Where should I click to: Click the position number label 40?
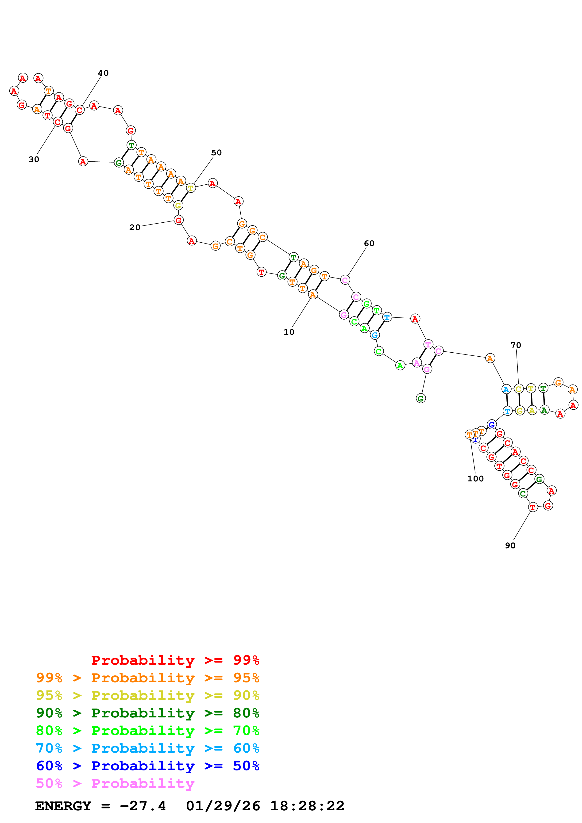[x=103, y=73]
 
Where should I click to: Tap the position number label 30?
[x=34, y=160]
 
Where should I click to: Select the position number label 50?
[x=216, y=153]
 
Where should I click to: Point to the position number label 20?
[x=135, y=228]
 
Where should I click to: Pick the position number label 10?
[x=289, y=332]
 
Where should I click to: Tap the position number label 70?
[x=516, y=345]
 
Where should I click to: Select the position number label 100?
[x=475, y=479]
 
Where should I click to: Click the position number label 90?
[x=510, y=545]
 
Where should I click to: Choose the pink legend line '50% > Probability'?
[x=115, y=784]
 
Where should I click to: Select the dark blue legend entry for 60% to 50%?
[x=147, y=766]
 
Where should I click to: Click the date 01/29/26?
[x=223, y=806]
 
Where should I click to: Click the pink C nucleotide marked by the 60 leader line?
[x=345, y=280]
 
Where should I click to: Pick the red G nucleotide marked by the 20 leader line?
[x=178, y=220]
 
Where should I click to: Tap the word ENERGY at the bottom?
[x=63, y=806]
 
